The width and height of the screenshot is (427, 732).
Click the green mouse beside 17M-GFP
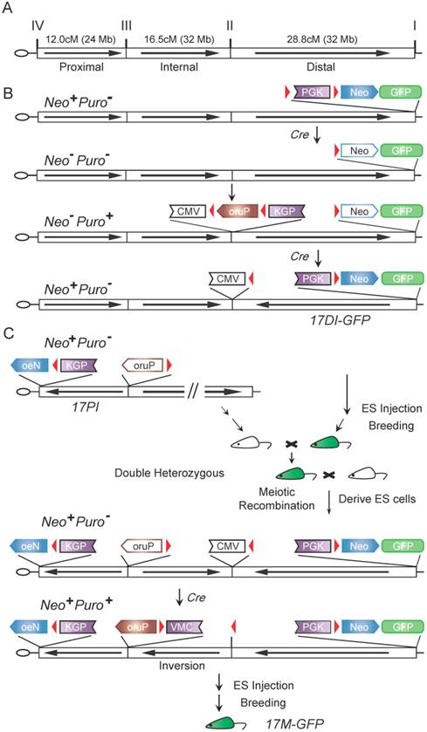[229, 721]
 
